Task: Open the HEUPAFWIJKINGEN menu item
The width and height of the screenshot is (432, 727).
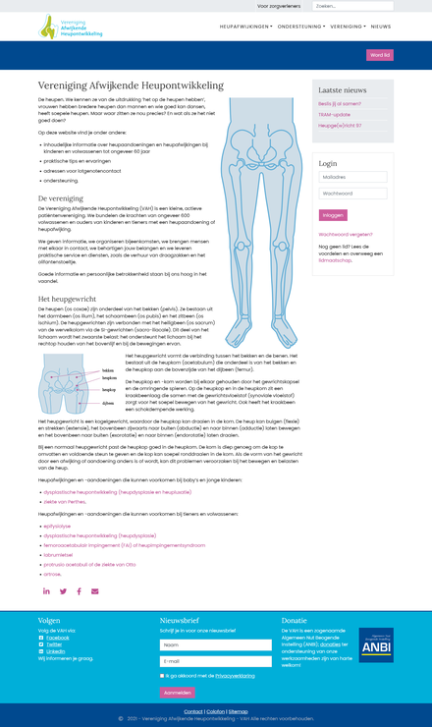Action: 245,27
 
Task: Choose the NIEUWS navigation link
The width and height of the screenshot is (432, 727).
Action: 381,27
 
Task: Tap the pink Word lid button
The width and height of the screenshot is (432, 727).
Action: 380,55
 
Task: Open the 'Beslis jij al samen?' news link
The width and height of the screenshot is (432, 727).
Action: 340,103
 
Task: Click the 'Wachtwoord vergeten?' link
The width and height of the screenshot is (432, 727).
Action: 345,235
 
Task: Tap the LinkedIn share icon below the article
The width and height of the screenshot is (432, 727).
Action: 46,591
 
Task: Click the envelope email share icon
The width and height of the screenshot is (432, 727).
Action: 95,591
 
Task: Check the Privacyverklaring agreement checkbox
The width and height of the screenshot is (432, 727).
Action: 162,676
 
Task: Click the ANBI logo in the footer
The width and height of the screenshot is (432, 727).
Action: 375,645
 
